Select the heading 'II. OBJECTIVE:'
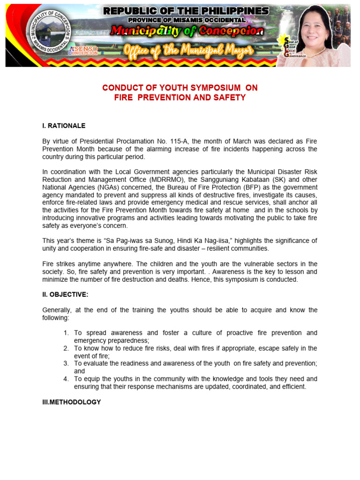tap(65, 294)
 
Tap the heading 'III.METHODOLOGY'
tap(71, 402)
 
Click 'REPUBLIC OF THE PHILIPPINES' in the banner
tap(186, 11)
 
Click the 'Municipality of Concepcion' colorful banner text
tap(187, 31)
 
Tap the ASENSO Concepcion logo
tap(83, 51)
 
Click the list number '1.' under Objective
tap(67, 333)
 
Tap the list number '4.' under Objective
tap(67, 379)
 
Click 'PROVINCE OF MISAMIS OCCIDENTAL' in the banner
tap(186, 20)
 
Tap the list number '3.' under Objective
tap(67, 363)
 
